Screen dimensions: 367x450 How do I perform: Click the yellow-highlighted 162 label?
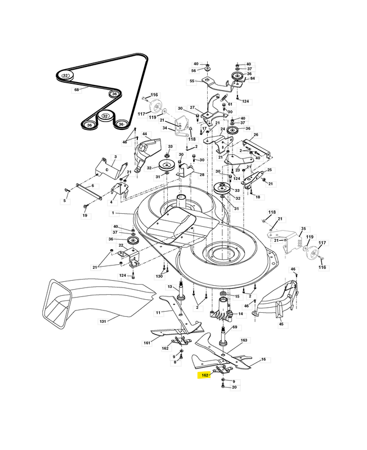[204, 375]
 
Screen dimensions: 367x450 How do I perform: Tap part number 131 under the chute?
[102, 321]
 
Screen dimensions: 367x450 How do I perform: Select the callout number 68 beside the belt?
[77, 90]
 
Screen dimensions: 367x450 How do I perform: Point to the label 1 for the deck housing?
[113, 213]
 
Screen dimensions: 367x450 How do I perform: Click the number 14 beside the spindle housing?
[240, 314]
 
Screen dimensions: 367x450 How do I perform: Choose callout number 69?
[235, 327]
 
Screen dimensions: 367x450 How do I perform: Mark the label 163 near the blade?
[244, 340]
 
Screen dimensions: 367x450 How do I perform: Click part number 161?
[147, 343]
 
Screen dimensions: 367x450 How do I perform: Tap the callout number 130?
[159, 276]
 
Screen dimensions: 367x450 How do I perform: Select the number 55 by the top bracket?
[192, 81]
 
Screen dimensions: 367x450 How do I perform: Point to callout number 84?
[252, 78]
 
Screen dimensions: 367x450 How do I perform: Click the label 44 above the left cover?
[145, 134]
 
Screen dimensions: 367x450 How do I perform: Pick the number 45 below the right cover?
[281, 324]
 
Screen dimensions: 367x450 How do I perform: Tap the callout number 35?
[303, 229]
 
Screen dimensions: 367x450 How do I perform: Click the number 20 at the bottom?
[234, 387]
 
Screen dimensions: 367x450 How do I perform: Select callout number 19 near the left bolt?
[85, 215]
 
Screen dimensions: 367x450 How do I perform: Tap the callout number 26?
[256, 134]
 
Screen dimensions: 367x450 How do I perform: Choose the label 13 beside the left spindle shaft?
[170, 287]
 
